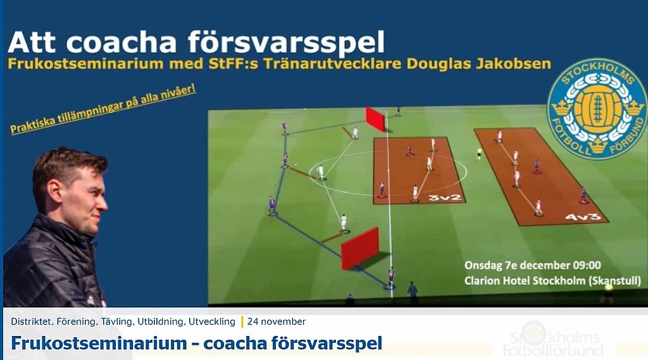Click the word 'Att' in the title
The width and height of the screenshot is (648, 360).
point(32,42)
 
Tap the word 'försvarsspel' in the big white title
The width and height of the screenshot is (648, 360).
point(286,42)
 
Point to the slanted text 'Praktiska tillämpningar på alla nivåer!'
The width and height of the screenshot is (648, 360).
point(103,109)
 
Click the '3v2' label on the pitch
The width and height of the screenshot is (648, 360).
point(445,197)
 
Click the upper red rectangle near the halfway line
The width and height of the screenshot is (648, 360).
point(375,119)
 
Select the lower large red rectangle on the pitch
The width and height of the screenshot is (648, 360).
point(359,248)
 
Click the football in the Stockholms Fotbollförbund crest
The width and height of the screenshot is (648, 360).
point(597,109)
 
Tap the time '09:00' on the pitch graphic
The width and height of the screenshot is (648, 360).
point(585,265)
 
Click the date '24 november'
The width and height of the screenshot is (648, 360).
point(277,321)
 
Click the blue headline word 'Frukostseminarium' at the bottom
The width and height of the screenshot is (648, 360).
point(99,343)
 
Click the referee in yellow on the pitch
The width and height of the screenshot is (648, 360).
point(479,154)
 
